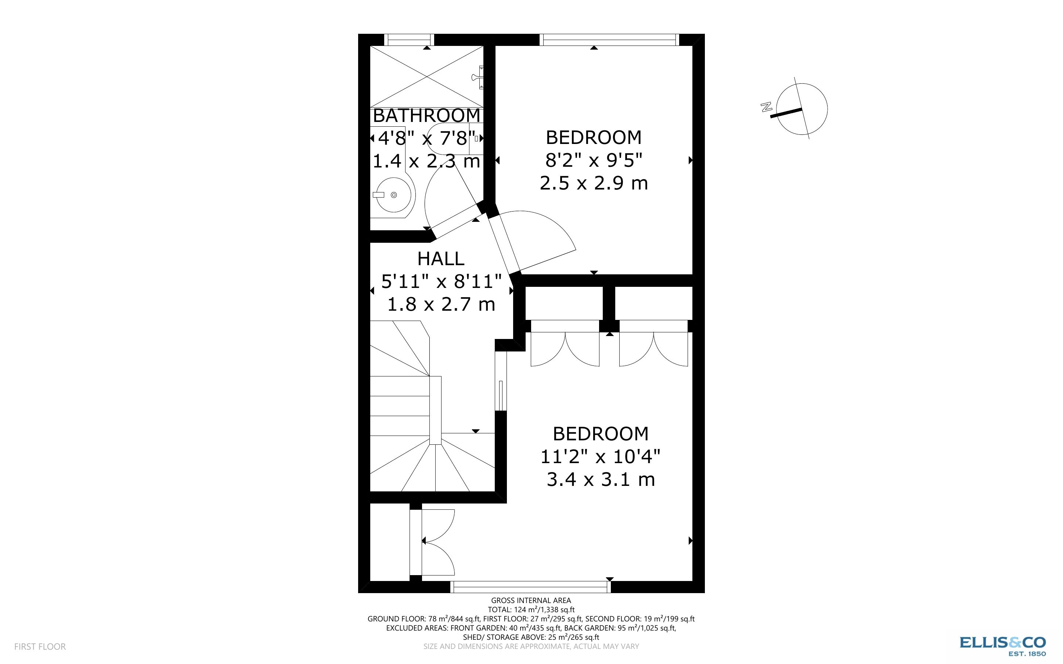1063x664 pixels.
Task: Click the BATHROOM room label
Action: pyautogui.click(x=426, y=115)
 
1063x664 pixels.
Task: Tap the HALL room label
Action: pyautogui.click(x=441, y=259)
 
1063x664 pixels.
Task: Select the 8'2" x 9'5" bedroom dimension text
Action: pyautogui.click(x=594, y=161)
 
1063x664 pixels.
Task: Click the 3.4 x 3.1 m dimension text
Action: pyautogui.click(x=600, y=479)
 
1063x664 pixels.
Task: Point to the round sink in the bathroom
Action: pyautogui.click(x=393, y=195)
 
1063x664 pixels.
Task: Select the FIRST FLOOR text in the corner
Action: pyautogui.click(x=40, y=646)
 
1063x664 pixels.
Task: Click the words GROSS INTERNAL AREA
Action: pyautogui.click(x=531, y=600)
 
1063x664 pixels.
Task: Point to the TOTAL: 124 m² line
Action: pyautogui.click(x=531, y=610)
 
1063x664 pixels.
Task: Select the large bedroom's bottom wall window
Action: pyautogui.click(x=530, y=587)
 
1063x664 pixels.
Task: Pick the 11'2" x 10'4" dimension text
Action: pyautogui.click(x=600, y=457)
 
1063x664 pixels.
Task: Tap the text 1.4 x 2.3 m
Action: pyautogui.click(x=426, y=161)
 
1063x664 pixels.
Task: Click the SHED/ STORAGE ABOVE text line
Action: pyautogui.click(x=531, y=637)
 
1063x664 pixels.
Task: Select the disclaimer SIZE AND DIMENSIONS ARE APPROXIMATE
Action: pyautogui.click(x=531, y=646)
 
